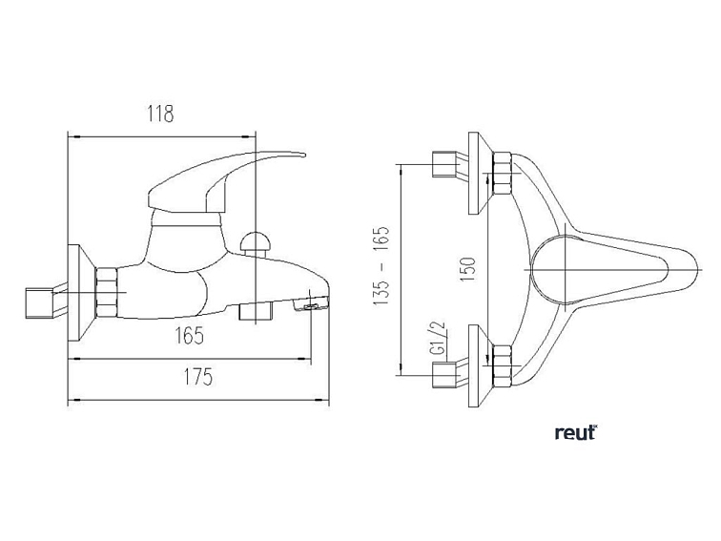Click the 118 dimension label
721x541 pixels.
click(161, 114)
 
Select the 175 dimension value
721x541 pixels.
click(198, 377)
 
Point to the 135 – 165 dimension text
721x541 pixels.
click(381, 266)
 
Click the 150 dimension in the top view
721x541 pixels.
click(468, 270)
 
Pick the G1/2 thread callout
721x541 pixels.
click(439, 338)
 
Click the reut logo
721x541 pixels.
click(576, 433)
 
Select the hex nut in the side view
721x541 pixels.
click(107, 293)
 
